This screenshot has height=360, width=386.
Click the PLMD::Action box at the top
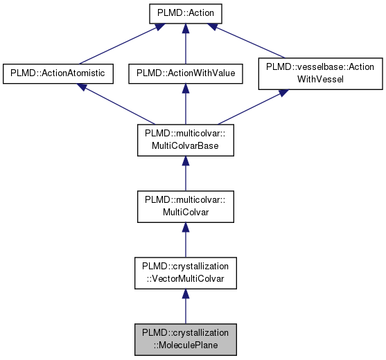pos(185,14)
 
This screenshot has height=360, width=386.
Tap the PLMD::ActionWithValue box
pos(185,73)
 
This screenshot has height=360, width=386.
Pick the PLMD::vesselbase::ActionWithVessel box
pos(320,73)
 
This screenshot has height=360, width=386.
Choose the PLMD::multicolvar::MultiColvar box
pos(185,208)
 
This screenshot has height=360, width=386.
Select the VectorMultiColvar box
pos(185,274)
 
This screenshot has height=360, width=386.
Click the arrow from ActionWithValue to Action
pos(185,44)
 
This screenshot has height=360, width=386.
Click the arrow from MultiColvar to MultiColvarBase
pos(185,174)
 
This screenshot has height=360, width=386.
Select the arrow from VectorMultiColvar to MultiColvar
pos(185,241)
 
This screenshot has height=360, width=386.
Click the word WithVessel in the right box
pos(320,80)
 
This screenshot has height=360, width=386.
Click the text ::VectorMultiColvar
pos(185,280)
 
